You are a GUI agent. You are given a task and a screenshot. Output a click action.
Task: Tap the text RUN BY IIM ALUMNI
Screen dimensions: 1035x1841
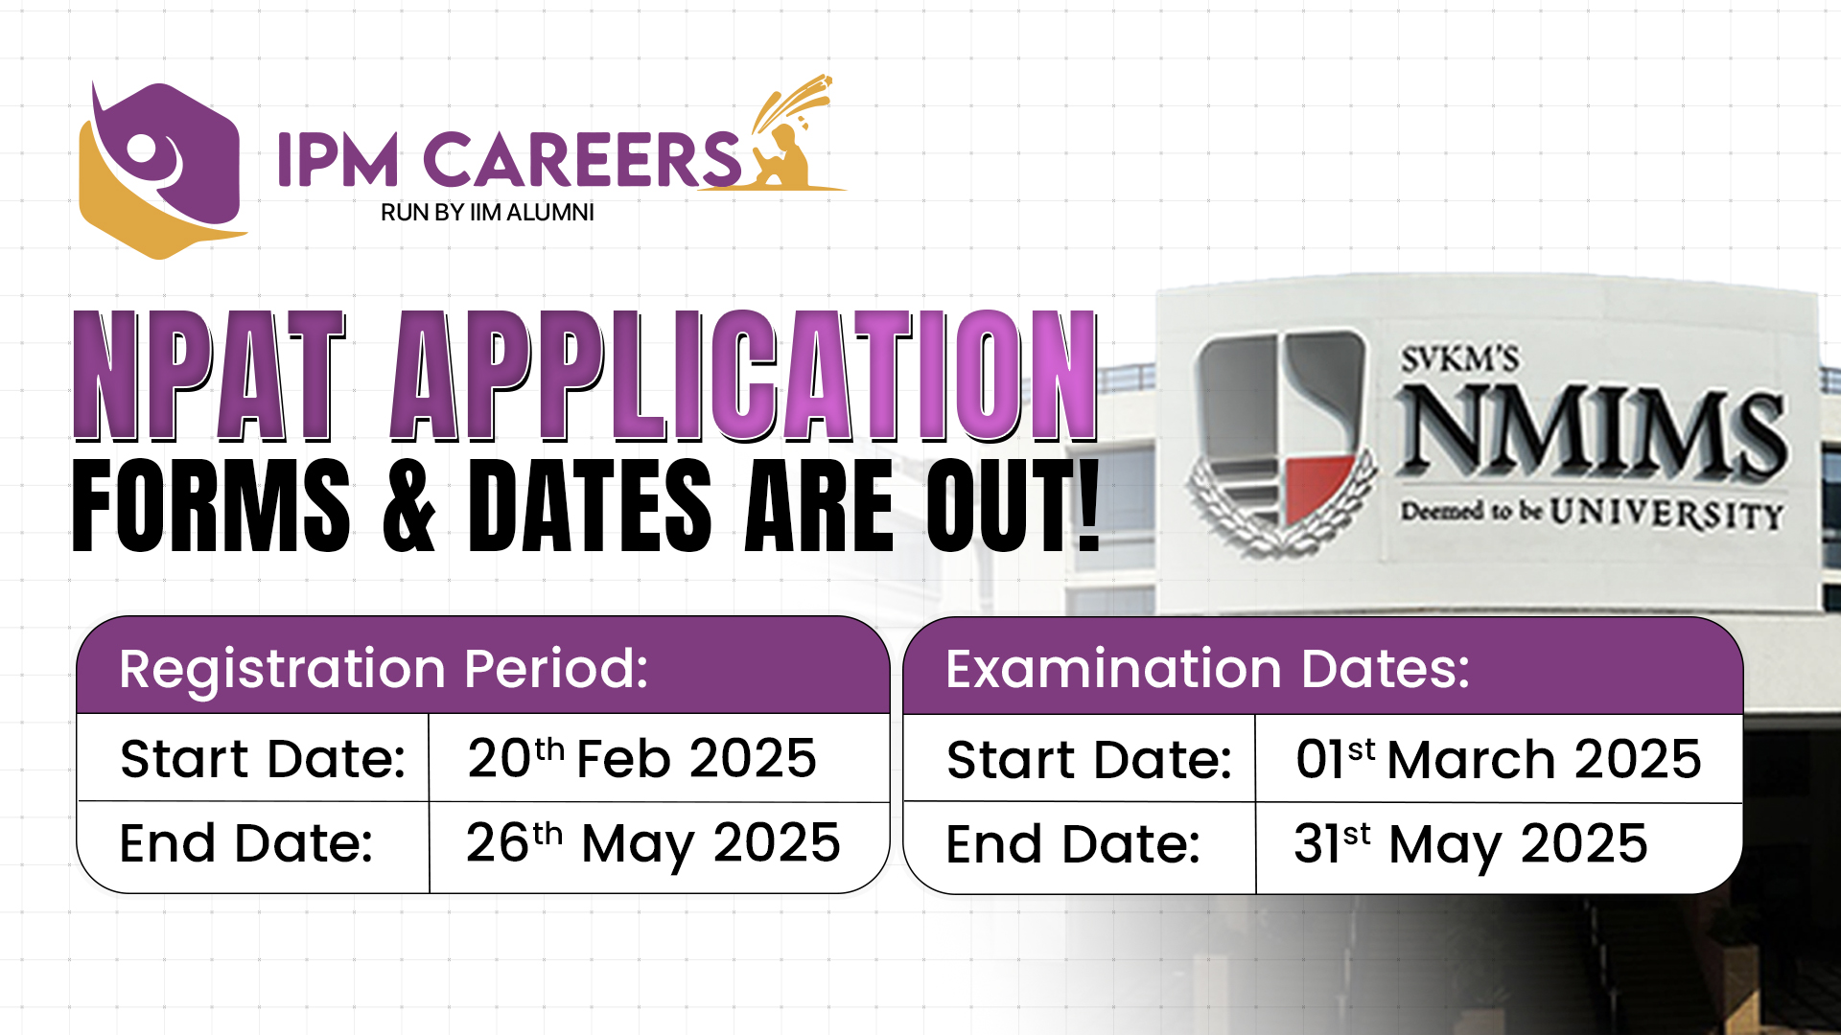(x=487, y=213)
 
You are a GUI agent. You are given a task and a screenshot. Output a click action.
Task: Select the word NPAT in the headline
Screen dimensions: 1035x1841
(x=208, y=377)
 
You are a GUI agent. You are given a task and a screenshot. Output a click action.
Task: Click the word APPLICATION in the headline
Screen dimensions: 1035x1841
(x=744, y=377)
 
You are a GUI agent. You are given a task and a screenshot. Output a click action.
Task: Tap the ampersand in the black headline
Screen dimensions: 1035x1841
(x=408, y=506)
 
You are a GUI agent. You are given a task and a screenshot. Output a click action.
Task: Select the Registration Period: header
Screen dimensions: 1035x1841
(x=384, y=668)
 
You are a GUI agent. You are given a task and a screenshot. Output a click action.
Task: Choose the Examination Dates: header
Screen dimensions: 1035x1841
(x=1207, y=668)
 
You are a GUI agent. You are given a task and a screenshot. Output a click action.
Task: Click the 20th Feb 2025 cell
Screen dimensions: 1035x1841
(x=641, y=758)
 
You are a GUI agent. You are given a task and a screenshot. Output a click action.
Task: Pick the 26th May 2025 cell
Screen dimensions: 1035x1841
(x=653, y=843)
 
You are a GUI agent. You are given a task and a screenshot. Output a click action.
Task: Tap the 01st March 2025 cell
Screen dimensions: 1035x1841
(x=1498, y=759)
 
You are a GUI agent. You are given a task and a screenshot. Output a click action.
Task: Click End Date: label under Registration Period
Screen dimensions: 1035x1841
(x=246, y=843)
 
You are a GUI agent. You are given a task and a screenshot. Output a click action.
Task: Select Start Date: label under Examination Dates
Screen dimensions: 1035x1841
(x=1089, y=759)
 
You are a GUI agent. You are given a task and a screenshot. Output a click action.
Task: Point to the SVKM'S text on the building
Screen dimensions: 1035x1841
(x=1459, y=359)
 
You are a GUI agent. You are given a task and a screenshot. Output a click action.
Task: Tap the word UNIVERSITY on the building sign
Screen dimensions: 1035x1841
(x=1666, y=514)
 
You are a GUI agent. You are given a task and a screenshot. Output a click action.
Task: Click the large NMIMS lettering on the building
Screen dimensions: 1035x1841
(x=1592, y=433)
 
